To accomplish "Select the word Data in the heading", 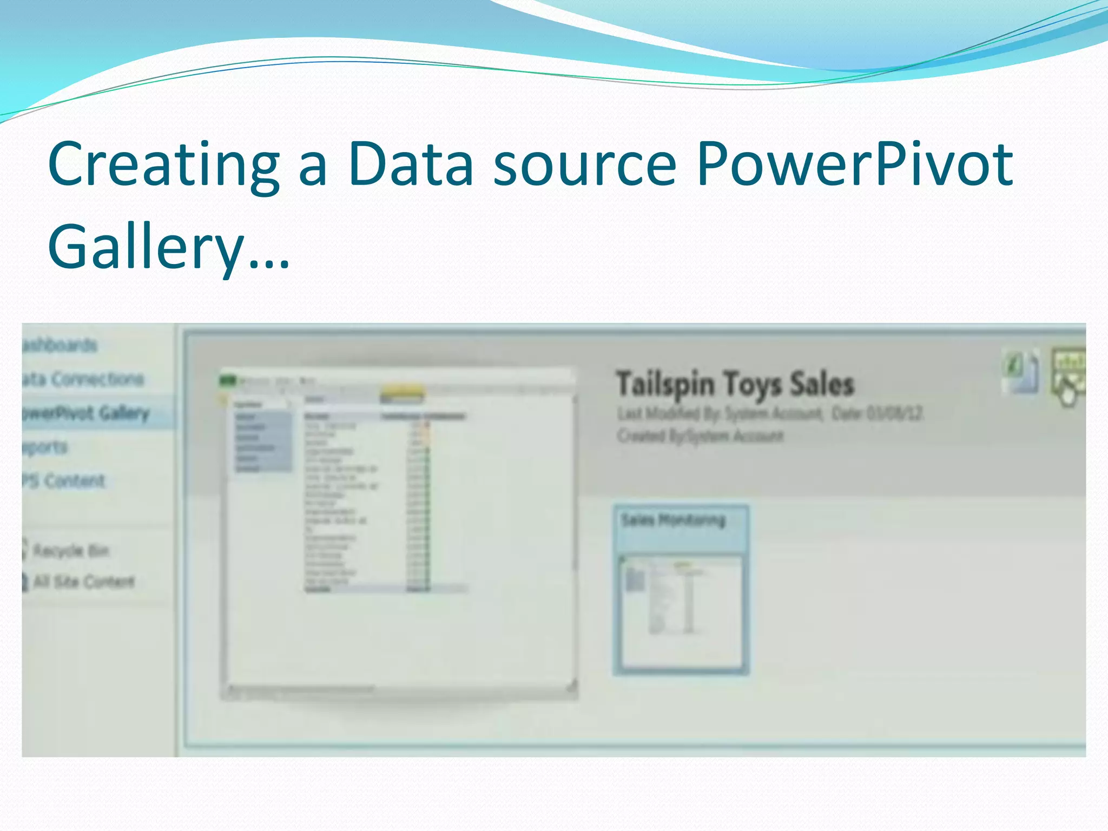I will (411, 164).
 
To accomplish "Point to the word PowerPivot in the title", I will (855, 164).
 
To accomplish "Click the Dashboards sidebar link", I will (60, 345).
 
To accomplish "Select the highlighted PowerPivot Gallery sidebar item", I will (85, 413).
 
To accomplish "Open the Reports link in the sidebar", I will (45, 447).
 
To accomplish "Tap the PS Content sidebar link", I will (64, 481).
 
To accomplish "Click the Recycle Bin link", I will (70, 551).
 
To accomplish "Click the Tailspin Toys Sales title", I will (735, 384).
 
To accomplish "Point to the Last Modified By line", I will (769, 414).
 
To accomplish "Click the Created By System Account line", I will (700, 436).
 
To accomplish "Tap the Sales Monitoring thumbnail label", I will (673, 520).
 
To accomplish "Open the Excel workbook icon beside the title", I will (1020, 372).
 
